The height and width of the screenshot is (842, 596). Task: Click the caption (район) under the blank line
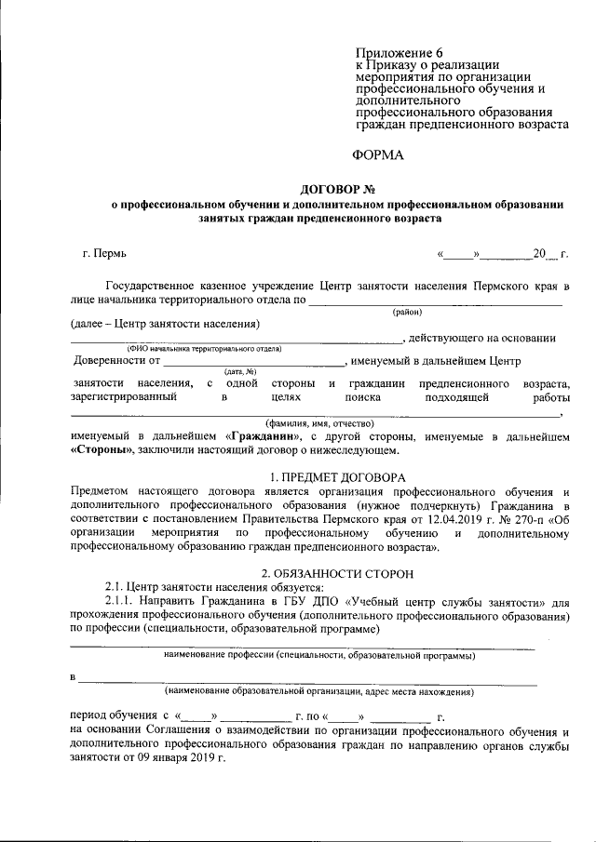[x=408, y=312]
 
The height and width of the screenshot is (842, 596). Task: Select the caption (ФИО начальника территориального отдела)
[x=198, y=348]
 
